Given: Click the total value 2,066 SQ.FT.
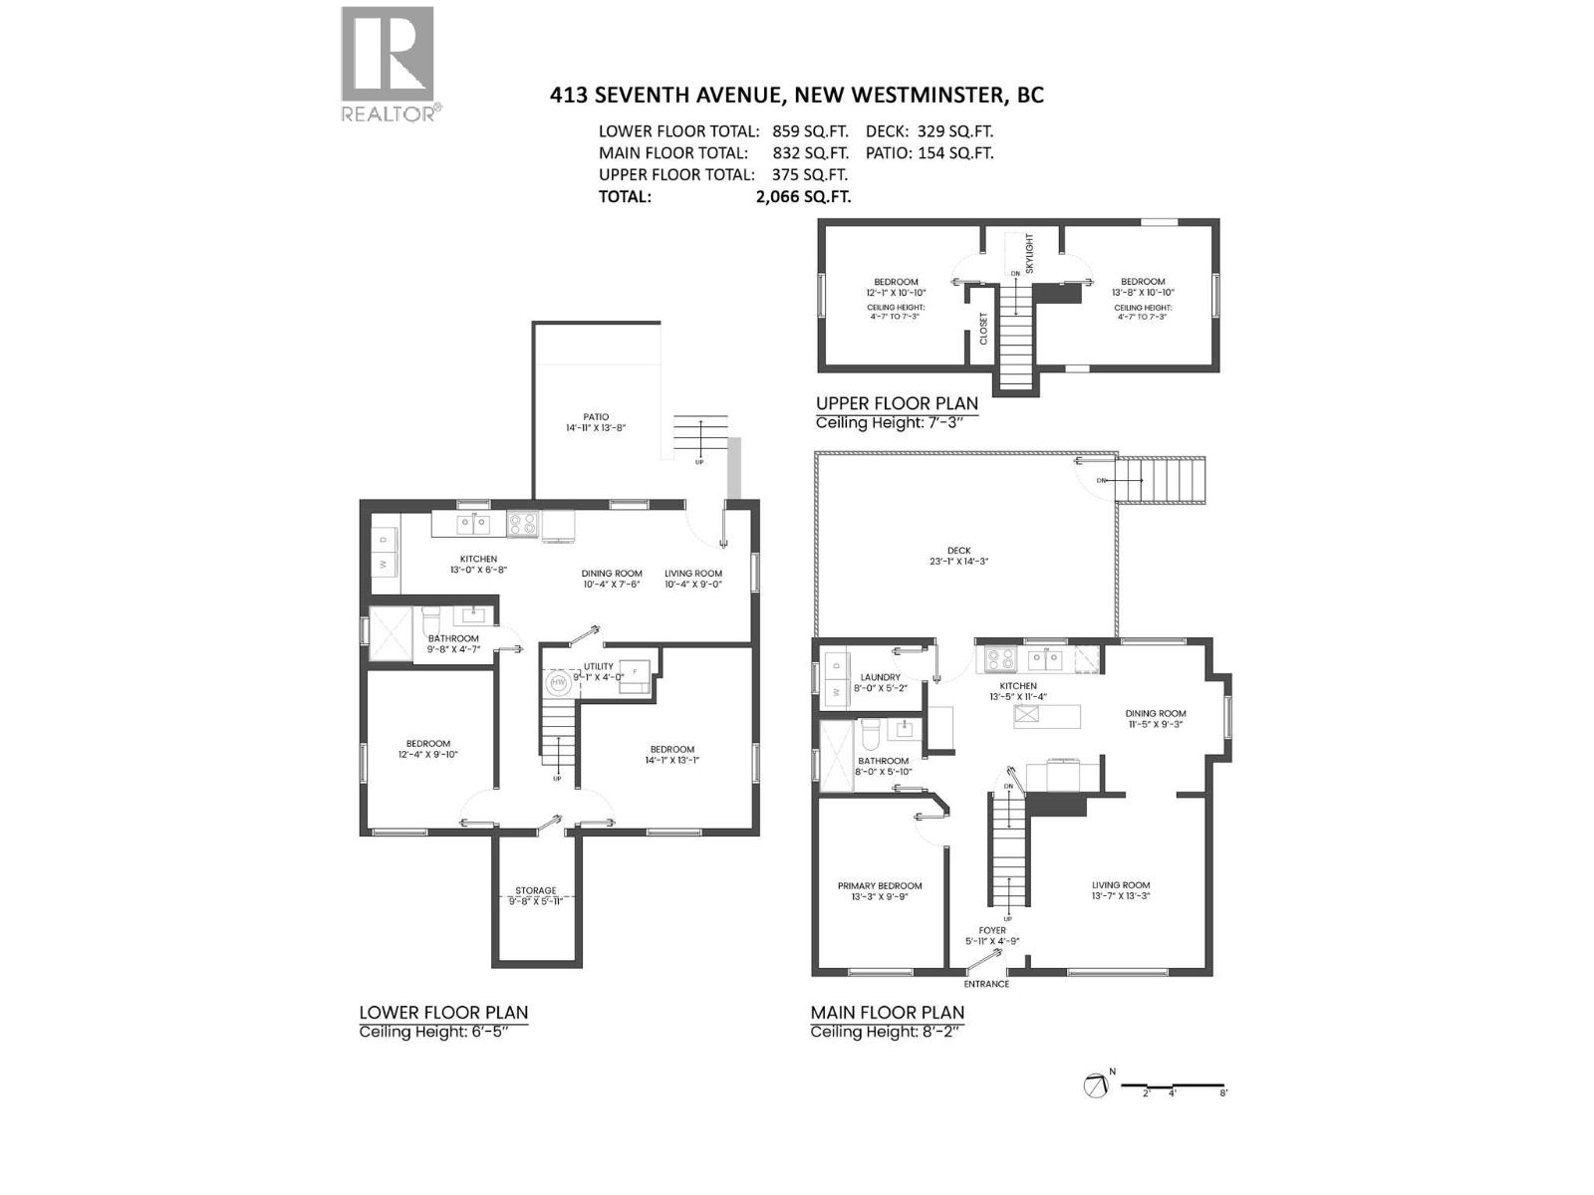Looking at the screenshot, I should pos(803,196).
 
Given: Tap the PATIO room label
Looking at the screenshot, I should pos(596,417).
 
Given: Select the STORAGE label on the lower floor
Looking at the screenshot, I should pos(536,891).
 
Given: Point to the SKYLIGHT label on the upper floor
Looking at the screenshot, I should pos(1030,253).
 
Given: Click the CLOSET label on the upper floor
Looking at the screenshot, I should pos(983,329).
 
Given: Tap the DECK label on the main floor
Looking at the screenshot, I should pos(958,551).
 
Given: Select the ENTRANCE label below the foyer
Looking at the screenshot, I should pos(986,984).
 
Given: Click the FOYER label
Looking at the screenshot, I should pos(992,930).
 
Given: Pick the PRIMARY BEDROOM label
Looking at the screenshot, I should pos(880,885).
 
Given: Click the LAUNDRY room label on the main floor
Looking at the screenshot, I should pos(880,677).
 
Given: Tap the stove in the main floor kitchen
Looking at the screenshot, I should pos(999,659).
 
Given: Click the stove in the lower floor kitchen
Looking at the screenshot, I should pos(523,524).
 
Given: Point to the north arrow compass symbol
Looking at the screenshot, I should pos(1097,1085).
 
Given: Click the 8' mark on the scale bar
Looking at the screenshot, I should pos(1223,1091).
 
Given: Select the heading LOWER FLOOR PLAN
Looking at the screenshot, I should pos(443,1012).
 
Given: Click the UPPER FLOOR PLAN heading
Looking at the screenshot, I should pos(897,403).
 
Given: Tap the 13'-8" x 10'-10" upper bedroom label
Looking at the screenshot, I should pos(1142,287).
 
